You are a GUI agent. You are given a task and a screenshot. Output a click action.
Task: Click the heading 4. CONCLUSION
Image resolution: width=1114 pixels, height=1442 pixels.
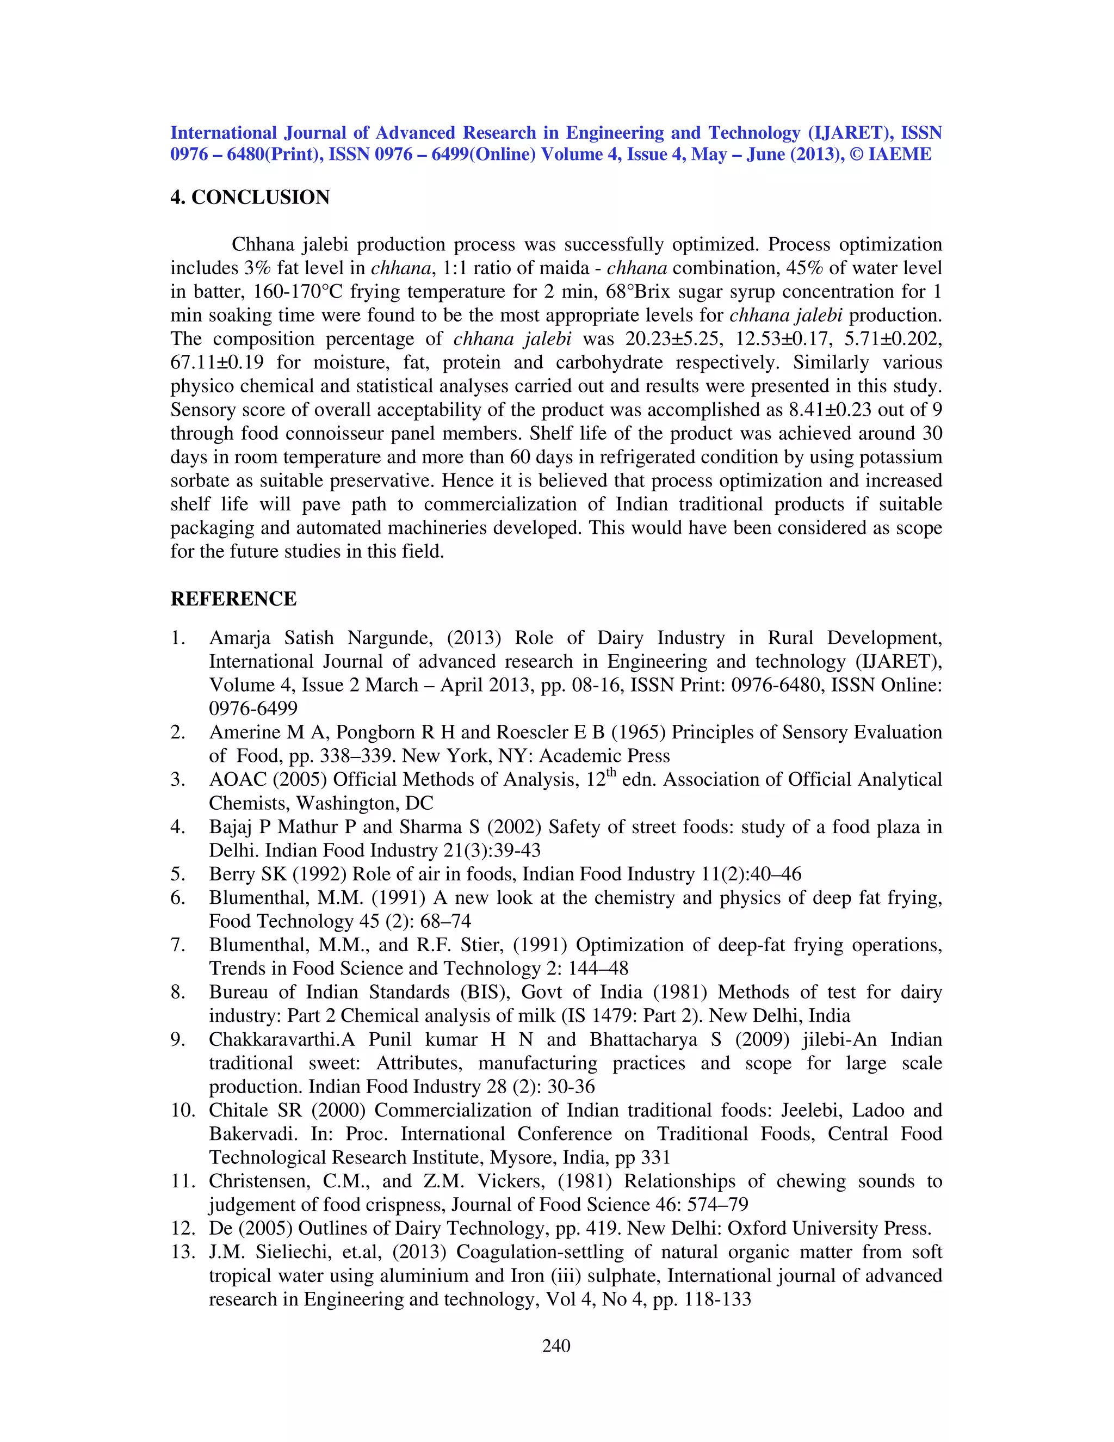250,198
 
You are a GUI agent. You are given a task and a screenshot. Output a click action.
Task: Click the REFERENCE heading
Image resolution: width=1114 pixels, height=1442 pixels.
233,599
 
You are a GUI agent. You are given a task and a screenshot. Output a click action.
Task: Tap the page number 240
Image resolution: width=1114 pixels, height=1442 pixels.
556,1346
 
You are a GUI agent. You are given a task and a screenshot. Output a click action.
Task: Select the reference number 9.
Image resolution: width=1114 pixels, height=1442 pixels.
177,1039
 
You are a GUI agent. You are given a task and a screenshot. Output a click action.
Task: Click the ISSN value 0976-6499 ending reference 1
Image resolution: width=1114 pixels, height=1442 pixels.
253,708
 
